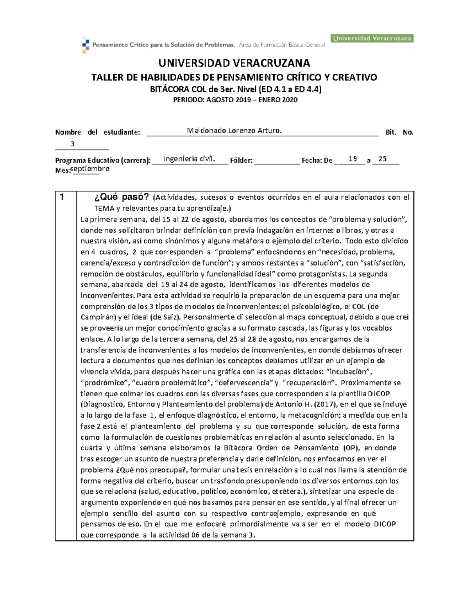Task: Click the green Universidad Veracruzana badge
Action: click(372, 38)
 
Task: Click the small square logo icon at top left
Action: click(85, 45)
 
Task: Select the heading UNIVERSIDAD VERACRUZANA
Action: click(234, 63)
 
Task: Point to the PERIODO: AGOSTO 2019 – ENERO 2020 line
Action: click(235, 100)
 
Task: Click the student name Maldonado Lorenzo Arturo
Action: click(234, 131)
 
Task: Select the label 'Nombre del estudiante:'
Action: click(97, 132)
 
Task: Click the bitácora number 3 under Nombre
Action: click(72, 144)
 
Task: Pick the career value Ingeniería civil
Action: click(189, 158)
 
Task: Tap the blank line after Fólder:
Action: click(277, 160)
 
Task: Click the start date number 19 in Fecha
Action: click(353, 159)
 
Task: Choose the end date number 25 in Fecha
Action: click(383, 159)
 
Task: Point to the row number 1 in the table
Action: click(61, 197)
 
